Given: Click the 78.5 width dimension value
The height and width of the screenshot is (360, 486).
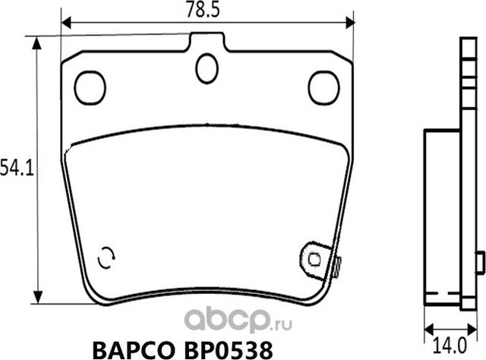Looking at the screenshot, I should coord(208,10).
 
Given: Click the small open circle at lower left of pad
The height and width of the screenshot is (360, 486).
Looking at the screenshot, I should coord(108,257).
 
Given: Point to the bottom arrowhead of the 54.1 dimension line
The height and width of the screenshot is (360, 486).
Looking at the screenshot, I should coord(36,298).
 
